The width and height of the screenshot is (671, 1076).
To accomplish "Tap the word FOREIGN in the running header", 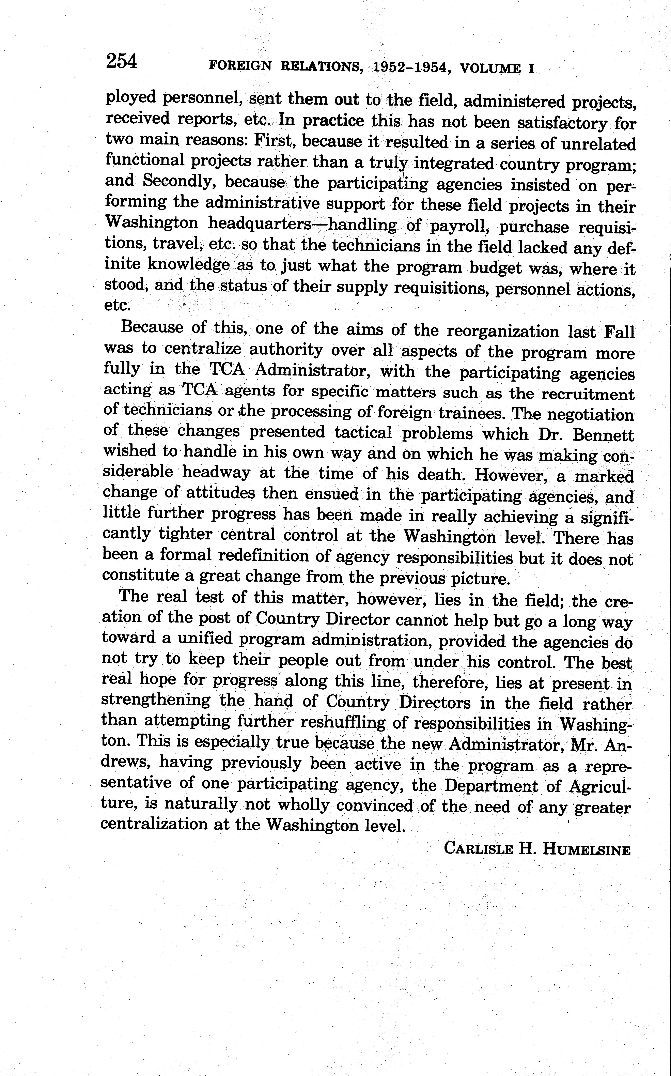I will (x=240, y=66).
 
